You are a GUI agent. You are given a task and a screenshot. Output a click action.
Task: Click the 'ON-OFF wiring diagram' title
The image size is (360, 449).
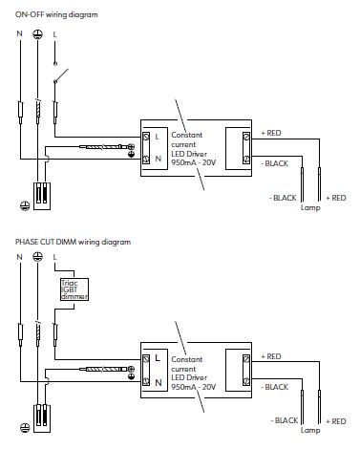tap(56, 14)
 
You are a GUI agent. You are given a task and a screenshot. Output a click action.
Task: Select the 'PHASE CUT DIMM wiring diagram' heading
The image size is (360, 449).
tap(73, 242)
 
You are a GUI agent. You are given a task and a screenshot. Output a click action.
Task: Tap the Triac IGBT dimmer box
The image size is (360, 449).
tap(74, 289)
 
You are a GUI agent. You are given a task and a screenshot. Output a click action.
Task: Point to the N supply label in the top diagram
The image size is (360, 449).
tap(19, 33)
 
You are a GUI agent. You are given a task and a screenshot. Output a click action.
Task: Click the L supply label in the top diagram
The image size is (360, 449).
tap(54, 34)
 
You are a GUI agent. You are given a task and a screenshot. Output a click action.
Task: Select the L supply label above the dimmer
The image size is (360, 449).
tap(54, 257)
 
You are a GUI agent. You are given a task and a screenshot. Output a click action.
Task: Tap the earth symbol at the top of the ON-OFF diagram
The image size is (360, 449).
tap(37, 34)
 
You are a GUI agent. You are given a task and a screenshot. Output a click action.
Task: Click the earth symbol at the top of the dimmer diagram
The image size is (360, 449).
tap(37, 256)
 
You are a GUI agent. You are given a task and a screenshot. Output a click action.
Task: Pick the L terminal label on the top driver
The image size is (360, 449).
tap(157, 137)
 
